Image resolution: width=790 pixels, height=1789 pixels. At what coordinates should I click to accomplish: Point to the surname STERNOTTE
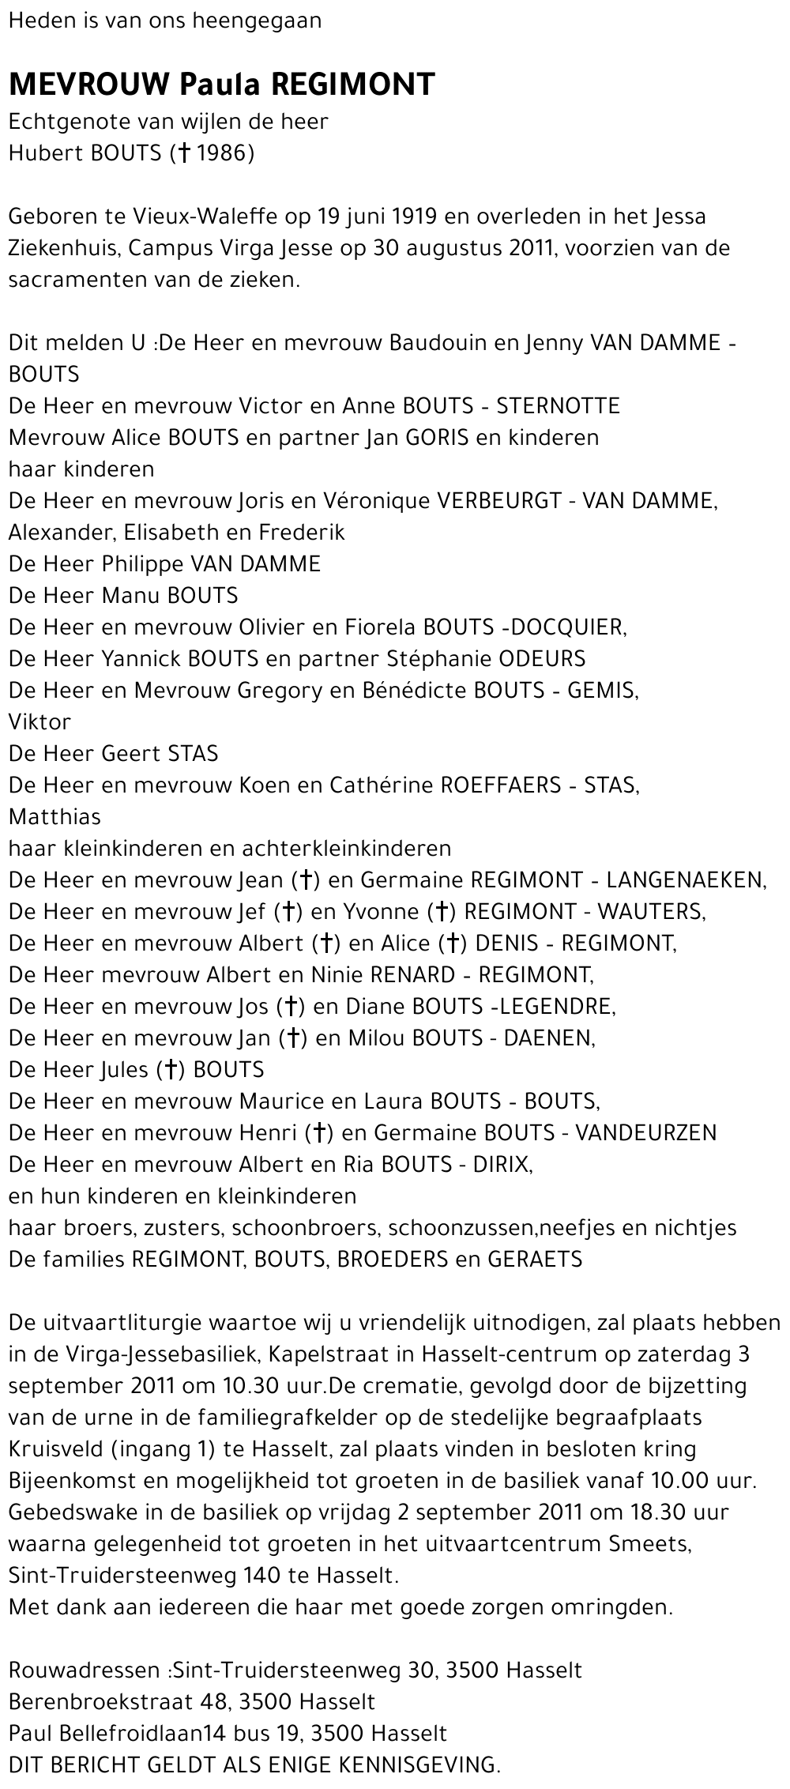tap(558, 405)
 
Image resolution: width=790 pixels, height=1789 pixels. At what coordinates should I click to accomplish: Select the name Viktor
tap(39, 721)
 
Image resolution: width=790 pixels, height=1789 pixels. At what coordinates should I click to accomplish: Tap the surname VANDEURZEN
tap(645, 1132)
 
